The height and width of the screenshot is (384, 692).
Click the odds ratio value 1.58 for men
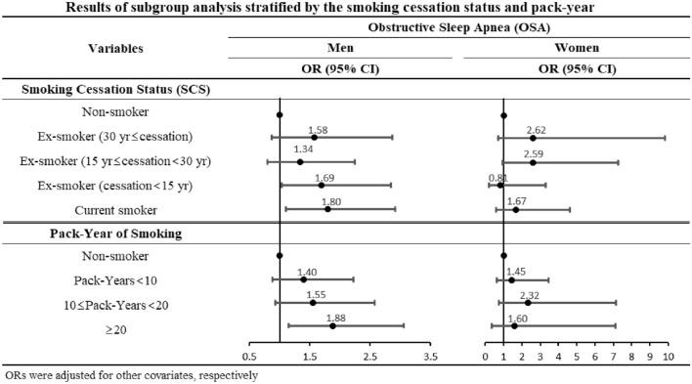(317, 129)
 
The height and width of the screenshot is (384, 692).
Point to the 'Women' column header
(577, 46)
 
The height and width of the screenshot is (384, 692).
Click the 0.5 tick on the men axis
(250, 358)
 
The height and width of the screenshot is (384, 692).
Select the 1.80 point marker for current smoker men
(327, 209)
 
